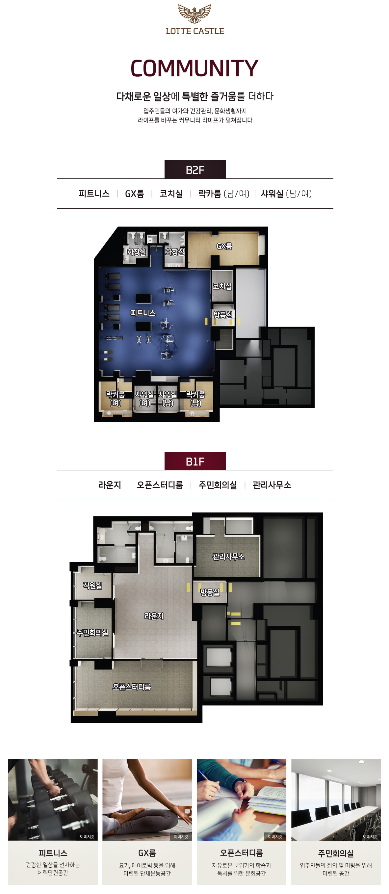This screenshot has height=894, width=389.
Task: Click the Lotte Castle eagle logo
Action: [x=194, y=13]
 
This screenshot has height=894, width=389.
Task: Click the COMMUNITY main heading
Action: [x=194, y=68]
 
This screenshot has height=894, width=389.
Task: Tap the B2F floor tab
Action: [x=195, y=170]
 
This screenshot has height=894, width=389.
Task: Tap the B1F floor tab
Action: [x=195, y=461]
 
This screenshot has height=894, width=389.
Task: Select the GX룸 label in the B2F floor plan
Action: [x=224, y=246]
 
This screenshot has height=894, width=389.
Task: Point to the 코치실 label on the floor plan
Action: [x=222, y=286]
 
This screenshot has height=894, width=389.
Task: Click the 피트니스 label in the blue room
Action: [x=143, y=313]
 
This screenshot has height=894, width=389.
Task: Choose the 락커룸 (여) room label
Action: [x=115, y=399]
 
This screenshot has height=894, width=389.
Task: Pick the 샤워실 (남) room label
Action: [x=168, y=399]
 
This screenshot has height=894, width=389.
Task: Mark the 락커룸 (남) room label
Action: [x=196, y=399]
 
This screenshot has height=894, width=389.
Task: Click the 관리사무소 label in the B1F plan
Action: [x=228, y=557]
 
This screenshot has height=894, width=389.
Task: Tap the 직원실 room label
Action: [x=92, y=586]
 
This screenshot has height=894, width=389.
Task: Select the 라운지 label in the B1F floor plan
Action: [x=154, y=616]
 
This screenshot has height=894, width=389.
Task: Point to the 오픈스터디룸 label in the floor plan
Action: [x=132, y=687]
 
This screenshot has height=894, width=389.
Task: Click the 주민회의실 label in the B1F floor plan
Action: [x=92, y=633]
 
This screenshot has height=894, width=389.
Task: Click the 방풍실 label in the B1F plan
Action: [x=210, y=592]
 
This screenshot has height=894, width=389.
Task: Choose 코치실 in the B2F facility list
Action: [x=171, y=194]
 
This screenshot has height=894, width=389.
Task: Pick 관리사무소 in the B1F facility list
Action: [x=272, y=485]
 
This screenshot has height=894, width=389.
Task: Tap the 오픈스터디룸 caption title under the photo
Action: [x=242, y=853]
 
